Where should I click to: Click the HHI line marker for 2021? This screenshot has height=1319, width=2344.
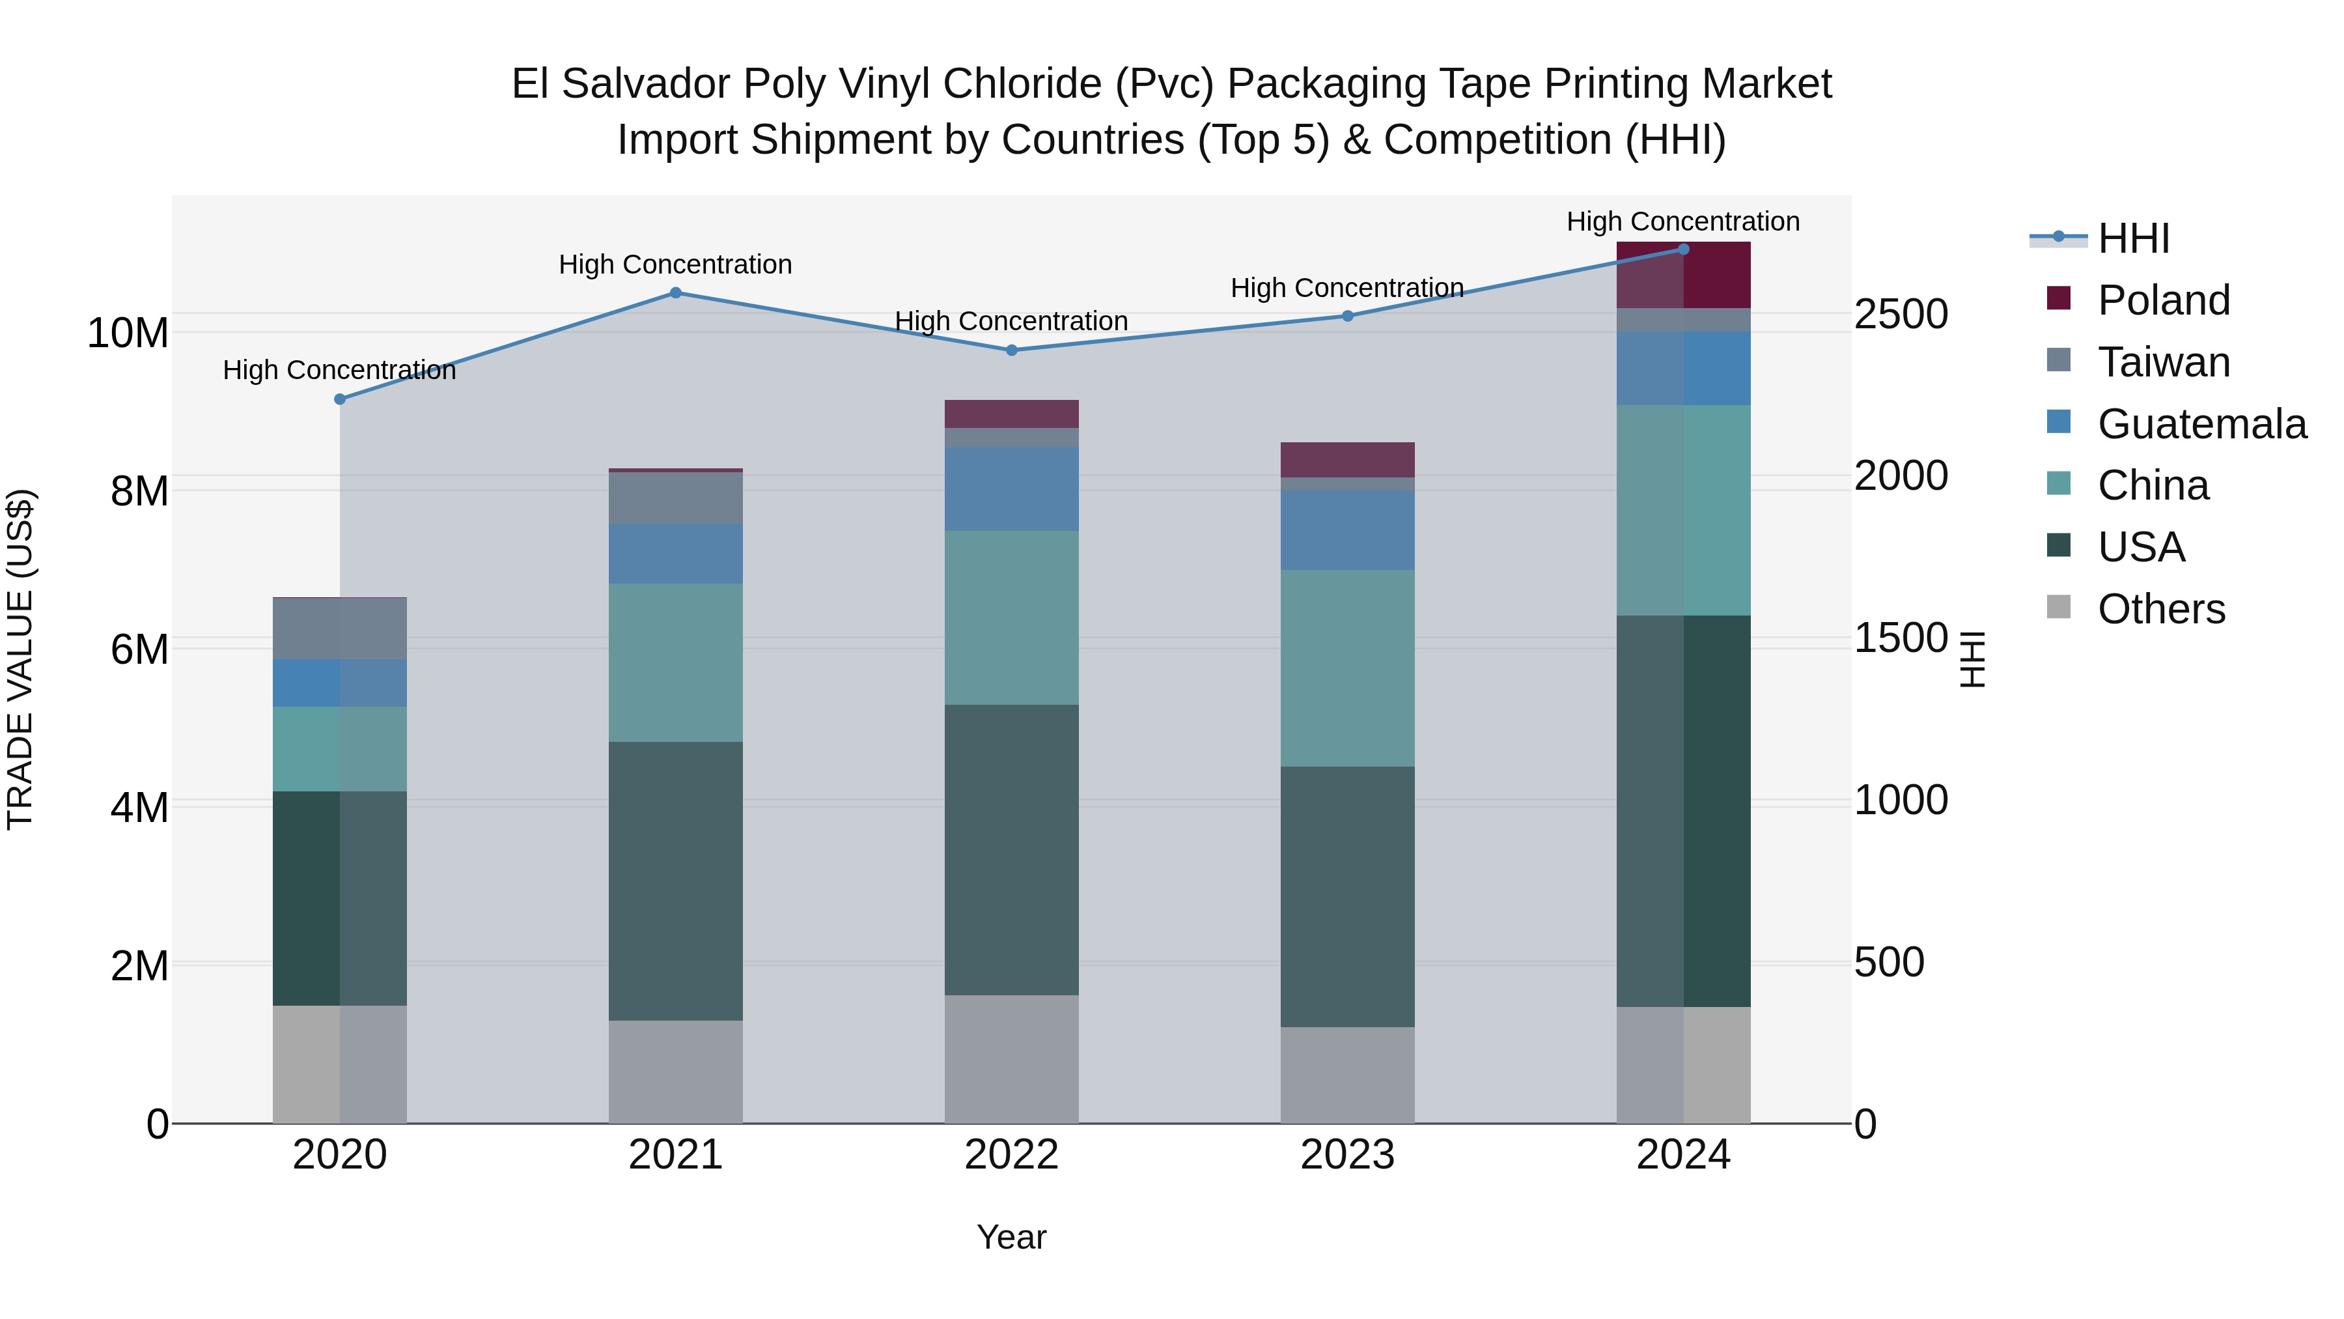click(x=675, y=293)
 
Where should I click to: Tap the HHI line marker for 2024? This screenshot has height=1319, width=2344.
click(x=1682, y=249)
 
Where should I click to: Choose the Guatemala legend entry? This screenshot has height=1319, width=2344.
click(x=2200, y=424)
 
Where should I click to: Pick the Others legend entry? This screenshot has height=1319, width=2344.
click(x=2160, y=609)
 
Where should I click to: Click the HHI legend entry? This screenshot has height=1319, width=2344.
click(x=2133, y=238)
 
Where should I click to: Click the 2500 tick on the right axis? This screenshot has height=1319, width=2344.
click(x=1901, y=315)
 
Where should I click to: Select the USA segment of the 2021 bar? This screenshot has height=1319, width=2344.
click(x=675, y=881)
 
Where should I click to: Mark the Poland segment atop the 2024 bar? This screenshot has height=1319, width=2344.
click(x=1682, y=275)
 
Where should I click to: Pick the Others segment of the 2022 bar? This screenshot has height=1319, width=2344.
click(x=1011, y=1060)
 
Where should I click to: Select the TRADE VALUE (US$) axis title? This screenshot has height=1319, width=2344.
click(x=20, y=659)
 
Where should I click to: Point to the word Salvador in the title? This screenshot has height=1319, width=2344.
click(x=645, y=84)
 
